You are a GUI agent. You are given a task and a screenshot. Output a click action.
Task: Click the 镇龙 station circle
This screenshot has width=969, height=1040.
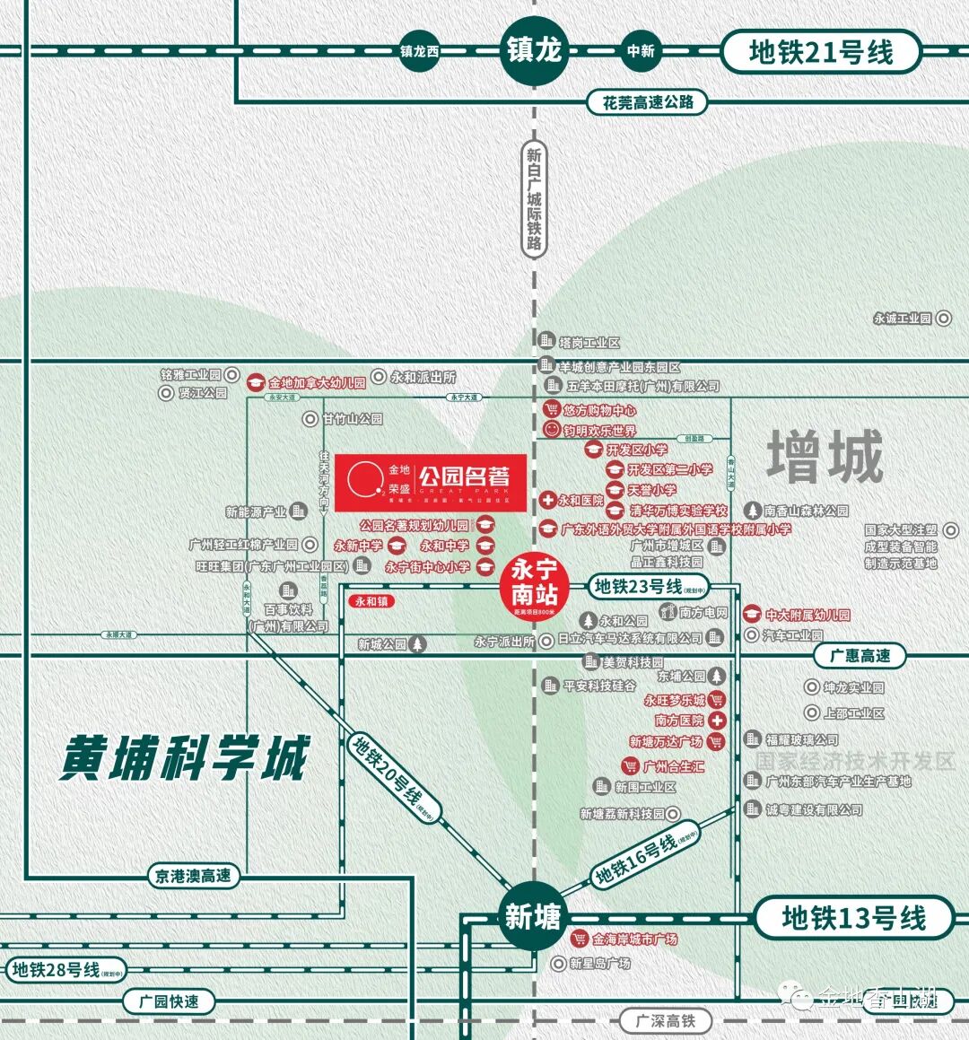[x=534, y=50]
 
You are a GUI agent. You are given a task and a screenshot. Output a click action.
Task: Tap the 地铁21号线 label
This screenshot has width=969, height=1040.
[x=821, y=52]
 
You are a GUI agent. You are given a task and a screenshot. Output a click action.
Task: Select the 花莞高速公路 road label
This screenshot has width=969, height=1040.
[x=647, y=102]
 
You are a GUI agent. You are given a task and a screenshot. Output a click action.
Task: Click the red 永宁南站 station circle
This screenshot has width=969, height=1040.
[x=535, y=584]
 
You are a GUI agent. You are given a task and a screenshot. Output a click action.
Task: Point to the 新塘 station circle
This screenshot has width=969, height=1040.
[x=533, y=916]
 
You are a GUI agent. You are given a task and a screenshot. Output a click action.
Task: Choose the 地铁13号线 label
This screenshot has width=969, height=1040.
[x=853, y=918]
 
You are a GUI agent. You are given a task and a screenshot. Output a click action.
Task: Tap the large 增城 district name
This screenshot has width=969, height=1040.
[x=825, y=457]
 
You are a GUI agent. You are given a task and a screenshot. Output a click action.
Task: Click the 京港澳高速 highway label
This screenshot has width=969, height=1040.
[x=193, y=876]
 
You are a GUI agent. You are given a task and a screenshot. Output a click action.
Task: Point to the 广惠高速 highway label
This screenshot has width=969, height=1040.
[x=860, y=656]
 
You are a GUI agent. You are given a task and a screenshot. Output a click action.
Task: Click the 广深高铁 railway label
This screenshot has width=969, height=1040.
[x=666, y=1020]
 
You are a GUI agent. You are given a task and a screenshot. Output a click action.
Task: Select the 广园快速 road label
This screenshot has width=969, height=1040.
[x=170, y=1001]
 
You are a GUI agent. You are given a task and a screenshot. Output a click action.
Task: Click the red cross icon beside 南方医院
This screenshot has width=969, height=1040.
[x=717, y=721]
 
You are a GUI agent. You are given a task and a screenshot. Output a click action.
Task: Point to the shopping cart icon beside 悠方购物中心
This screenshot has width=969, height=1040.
[x=552, y=410]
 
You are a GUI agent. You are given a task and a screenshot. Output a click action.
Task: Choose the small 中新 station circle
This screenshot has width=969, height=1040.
[x=641, y=51]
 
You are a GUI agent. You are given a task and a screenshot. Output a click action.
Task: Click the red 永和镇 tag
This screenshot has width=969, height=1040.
[x=371, y=602]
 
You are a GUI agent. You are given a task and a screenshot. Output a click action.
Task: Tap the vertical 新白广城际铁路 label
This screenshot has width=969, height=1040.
[x=534, y=198]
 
